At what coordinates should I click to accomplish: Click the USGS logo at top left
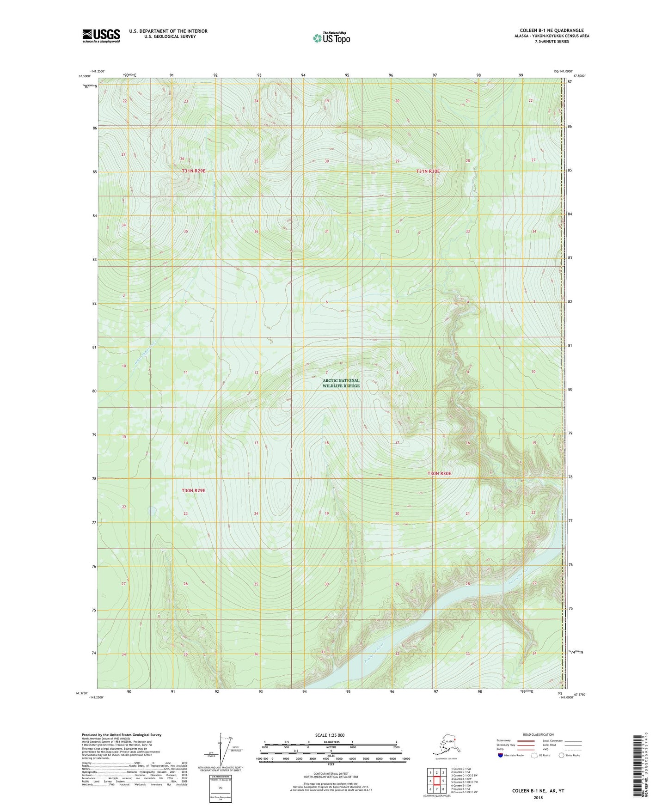tap(101, 36)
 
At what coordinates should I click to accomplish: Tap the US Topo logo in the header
tap(331, 38)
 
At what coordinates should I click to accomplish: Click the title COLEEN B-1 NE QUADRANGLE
tap(552, 31)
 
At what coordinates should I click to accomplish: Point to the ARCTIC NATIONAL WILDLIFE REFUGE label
tap(341, 383)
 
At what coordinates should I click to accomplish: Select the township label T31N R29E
tap(193, 171)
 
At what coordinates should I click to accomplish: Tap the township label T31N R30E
tap(428, 171)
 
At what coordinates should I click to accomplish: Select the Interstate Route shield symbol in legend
tap(501, 756)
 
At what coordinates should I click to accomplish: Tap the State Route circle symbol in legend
tap(561, 756)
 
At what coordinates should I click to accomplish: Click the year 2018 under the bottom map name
tap(538, 797)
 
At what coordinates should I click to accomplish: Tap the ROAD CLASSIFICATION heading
tap(538, 734)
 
